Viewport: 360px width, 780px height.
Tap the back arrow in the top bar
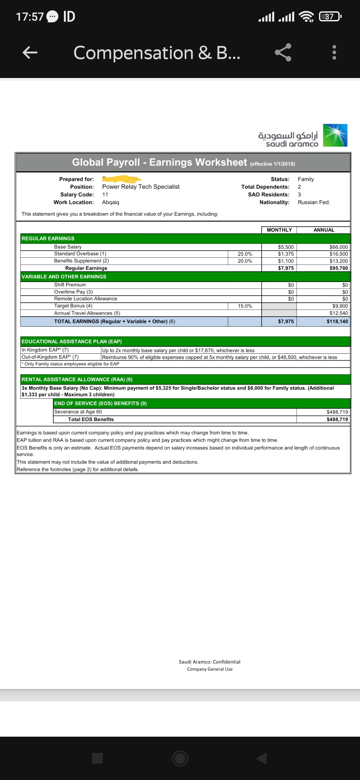pyautogui.click(x=30, y=52)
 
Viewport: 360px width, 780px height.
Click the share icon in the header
pyautogui.click(x=283, y=52)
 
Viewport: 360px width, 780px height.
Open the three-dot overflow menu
pyautogui.click(x=334, y=52)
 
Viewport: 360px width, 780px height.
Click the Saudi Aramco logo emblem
pyautogui.click(x=335, y=135)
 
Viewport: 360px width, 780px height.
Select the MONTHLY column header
pyautogui.click(x=279, y=230)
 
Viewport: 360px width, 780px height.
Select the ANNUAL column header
pyautogui.click(x=324, y=230)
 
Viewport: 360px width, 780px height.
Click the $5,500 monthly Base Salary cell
pyautogui.click(x=286, y=247)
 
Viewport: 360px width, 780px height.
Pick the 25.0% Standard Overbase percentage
pyautogui.click(x=245, y=254)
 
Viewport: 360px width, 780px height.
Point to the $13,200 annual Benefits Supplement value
pyautogui.click(x=339, y=261)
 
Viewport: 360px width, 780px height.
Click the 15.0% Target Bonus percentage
pyautogui.click(x=245, y=306)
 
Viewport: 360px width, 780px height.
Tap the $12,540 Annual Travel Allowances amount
pyautogui.click(x=339, y=313)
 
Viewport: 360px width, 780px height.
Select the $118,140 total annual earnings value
pyautogui.click(x=337, y=322)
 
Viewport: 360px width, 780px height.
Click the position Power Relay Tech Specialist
pyautogui.click(x=141, y=187)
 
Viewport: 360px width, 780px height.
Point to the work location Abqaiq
pyautogui.click(x=111, y=202)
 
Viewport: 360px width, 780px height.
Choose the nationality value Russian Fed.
pyautogui.click(x=314, y=202)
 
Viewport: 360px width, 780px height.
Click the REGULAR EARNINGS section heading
pyautogui.click(x=48, y=238)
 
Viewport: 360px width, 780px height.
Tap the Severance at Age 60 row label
pyautogui.click(x=78, y=412)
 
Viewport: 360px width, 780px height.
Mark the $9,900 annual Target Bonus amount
pyautogui.click(x=340, y=306)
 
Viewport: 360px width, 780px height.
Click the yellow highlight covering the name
pyautogui.click(x=121, y=179)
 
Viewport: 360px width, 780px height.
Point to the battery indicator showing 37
pyautogui.click(x=330, y=16)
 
